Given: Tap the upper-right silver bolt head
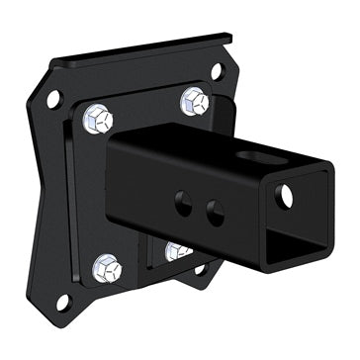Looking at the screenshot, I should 193,101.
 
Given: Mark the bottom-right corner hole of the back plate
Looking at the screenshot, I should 201,268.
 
